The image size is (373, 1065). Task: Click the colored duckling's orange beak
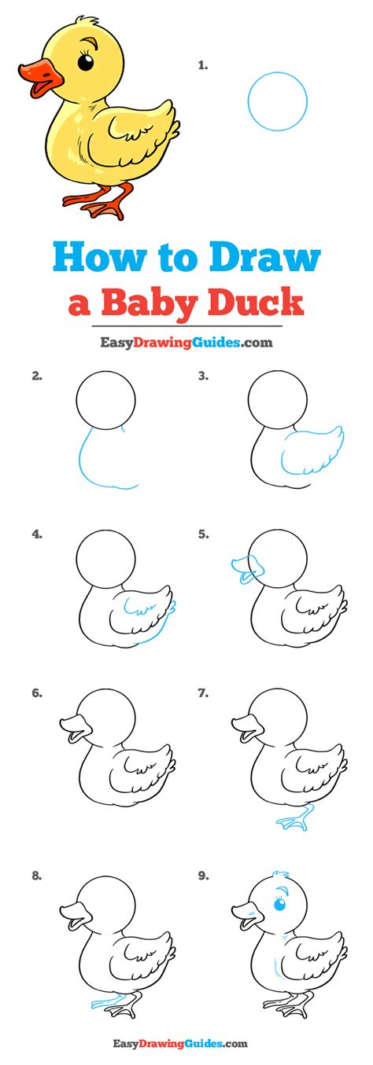(40, 77)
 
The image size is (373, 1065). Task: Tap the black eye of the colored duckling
(86, 62)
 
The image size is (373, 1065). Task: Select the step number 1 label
(203, 65)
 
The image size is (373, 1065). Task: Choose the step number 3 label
(203, 376)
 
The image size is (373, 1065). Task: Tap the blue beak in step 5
(248, 567)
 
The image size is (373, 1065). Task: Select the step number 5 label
(203, 534)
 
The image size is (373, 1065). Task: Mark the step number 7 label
(203, 693)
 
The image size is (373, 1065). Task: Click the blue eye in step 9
(279, 903)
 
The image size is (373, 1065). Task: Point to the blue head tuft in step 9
(280, 876)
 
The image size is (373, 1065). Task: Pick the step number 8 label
(37, 876)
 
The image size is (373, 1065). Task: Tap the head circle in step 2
(105, 371)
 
